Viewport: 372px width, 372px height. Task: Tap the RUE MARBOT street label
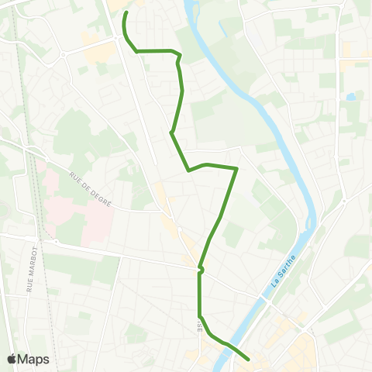point(30,274)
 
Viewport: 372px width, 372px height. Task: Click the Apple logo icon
point(12,359)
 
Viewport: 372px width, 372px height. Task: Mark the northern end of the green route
point(126,12)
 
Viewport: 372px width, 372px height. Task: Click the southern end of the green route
point(248,359)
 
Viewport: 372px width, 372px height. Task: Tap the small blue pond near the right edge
point(352,97)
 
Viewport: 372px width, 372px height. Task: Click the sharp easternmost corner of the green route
point(236,167)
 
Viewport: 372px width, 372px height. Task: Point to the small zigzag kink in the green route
point(200,270)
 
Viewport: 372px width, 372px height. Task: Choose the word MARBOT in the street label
point(30,270)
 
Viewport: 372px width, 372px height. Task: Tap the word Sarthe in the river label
point(288,261)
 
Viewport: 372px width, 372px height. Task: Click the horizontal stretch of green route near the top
point(155,51)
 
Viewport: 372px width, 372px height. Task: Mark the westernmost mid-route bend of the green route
point(171,133)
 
